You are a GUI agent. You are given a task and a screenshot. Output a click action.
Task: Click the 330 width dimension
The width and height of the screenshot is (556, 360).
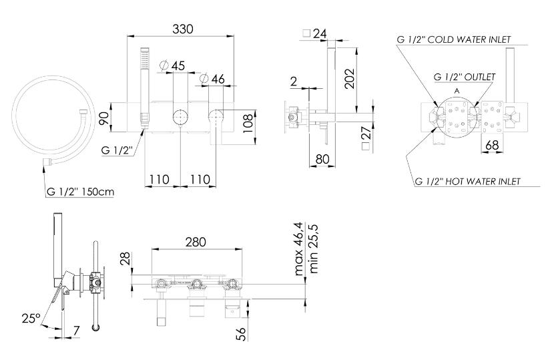pyautogui.click(x=182, y=29)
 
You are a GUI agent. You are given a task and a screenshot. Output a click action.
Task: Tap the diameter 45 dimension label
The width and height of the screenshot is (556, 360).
pyautogui.click(x=173, y=65)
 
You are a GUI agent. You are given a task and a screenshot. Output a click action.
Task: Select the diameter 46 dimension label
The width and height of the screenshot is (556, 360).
pyautogui.click(x=212, y=79)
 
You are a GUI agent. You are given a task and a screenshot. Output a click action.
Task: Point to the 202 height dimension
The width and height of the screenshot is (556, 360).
pyautogui.click(x=349, y=79)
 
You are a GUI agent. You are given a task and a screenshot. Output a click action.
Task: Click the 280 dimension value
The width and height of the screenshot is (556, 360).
pyautogui.click(x=196, y=242)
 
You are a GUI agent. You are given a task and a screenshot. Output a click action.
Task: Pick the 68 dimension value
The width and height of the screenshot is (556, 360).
pyautogui.click(x=492, y=145)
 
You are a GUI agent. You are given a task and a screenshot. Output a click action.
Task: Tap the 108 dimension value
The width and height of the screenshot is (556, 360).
pyautogui.click(x=249, y=123)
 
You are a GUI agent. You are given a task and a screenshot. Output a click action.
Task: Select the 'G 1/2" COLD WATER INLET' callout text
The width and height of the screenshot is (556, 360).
pyautogui.click(x=454, y=39)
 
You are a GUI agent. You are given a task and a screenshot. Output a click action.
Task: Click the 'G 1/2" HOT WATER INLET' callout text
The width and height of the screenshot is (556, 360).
pyautogui.click(x=467, y=182)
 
